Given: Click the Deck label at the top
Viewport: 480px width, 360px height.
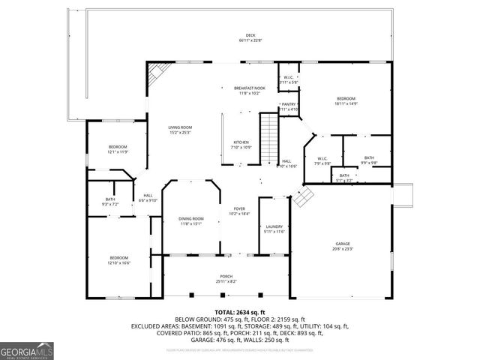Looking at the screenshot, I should (250, 39).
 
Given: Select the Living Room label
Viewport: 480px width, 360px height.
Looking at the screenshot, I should (180, 130).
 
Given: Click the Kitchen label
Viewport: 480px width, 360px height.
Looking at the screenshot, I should (241, 145).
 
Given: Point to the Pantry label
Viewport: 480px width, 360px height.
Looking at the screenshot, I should (289, 106).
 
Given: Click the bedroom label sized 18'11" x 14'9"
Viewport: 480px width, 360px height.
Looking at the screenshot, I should (346, 101).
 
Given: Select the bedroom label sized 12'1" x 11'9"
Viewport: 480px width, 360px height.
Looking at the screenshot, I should (118, 148).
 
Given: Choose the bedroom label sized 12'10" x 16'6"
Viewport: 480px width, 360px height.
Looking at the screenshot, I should (118, 259).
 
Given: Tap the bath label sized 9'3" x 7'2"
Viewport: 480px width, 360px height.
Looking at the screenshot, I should (109, 202).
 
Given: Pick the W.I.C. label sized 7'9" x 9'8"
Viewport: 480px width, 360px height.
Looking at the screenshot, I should (322, 160).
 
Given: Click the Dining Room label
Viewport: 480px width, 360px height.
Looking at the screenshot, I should (191, 220).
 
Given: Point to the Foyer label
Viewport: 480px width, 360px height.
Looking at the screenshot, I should (239, 211).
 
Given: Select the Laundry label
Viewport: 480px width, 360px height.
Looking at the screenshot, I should (274, 229).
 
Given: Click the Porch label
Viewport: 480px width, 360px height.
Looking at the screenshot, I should (226, 278).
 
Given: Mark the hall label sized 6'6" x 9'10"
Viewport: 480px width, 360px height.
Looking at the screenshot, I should (148, 198).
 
